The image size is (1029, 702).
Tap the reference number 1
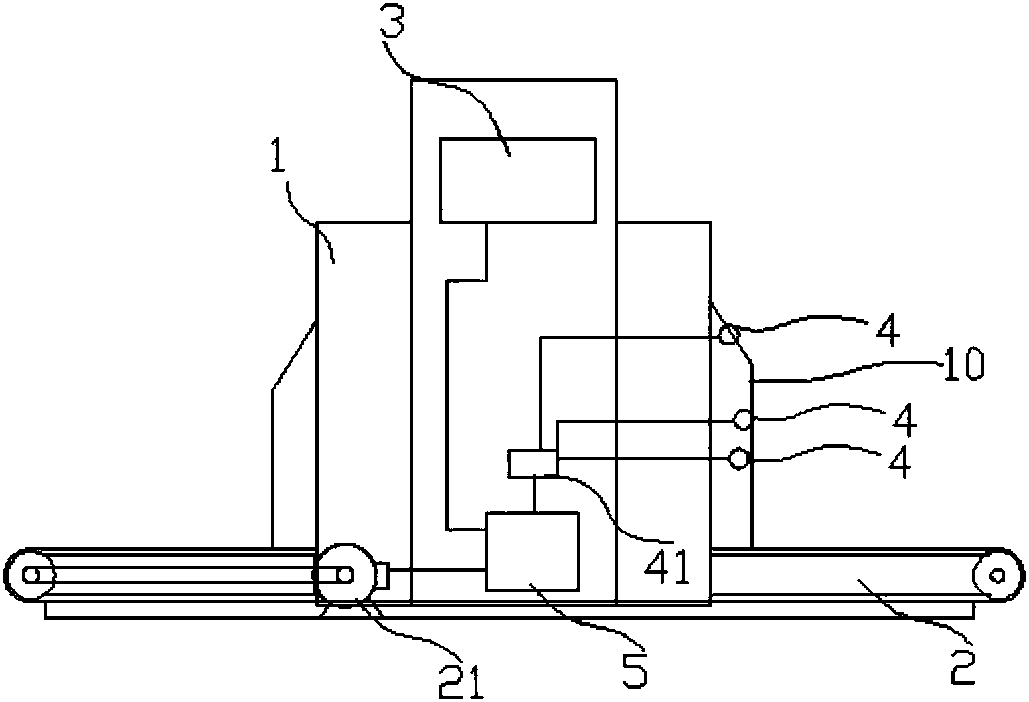pos(277,156)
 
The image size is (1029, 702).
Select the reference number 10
pos(962,364)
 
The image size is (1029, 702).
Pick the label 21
pos(461,681)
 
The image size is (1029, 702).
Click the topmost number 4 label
pos(888,330)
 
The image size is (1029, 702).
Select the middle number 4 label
pos(904,420)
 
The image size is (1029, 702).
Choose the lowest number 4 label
pos(900,462)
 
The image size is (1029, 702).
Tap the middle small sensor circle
pos(742,419)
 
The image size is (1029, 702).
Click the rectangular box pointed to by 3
pos(518,181)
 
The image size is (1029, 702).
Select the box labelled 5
pos(532,551)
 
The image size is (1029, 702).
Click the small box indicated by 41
pos(532,464)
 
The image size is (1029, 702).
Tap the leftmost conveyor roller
pos(30,574)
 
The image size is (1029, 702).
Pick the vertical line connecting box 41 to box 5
pos(534,495)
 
